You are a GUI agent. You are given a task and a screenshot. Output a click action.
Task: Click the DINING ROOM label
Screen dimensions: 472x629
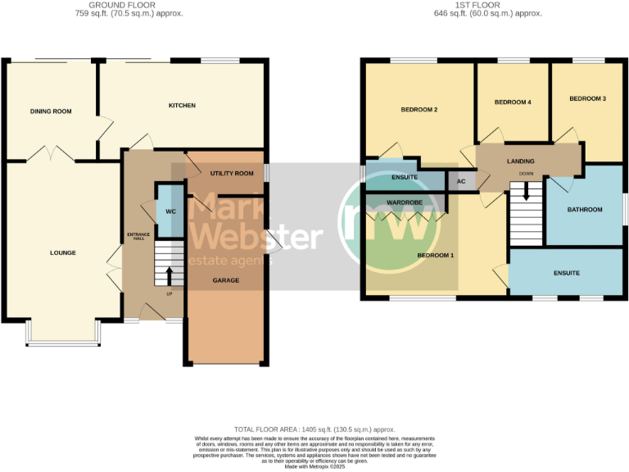[46, 111]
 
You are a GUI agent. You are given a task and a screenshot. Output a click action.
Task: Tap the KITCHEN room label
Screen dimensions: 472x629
[182, 106]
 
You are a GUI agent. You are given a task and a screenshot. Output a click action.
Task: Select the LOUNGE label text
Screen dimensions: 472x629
[62, 252]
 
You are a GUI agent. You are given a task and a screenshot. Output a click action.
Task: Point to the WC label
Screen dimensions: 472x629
[170, 211]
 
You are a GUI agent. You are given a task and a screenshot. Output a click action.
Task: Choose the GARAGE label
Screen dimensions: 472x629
[226, 280]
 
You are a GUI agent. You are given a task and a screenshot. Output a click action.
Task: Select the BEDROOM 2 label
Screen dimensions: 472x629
[419, 110]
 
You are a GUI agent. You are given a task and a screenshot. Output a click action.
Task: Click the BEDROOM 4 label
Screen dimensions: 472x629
[514, 102]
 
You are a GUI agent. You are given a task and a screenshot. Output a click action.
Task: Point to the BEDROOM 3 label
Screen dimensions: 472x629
[587, 98]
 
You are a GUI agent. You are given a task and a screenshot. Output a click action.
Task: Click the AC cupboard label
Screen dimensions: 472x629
[460, 181]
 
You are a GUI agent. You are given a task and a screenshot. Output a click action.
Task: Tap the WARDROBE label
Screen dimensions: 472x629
[404, 201]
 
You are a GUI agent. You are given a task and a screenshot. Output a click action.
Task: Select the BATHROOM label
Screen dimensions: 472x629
[585, 210]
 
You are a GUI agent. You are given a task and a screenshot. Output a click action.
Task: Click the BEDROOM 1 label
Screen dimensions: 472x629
[436, 255]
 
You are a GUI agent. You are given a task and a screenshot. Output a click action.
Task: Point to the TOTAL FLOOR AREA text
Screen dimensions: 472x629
[314, 429]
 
